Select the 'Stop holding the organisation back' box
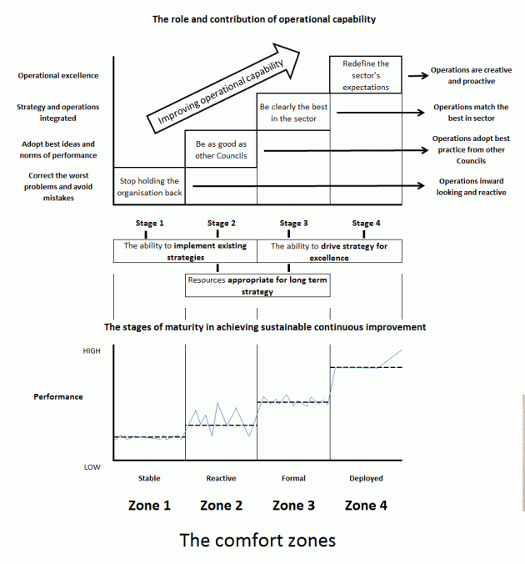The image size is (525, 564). click(149, 186)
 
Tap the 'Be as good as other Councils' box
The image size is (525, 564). click(221, 149)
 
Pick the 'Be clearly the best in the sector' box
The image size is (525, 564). click(293, 113)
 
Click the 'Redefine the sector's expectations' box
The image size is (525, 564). click(365, 75)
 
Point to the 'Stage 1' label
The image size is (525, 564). click(149, 223)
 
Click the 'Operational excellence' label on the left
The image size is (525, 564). click(58, 76)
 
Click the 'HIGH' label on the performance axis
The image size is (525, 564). click(92, 351)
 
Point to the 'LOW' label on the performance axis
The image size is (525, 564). click(92, 466)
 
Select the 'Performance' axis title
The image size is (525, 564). click(58, 396)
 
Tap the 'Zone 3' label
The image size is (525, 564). click(293, 505)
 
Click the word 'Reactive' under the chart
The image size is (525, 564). click(221, 478)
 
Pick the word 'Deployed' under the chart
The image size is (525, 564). click(365, 478)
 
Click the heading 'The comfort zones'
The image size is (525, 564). click(257, 540)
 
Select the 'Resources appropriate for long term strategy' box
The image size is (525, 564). click(257, 286)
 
